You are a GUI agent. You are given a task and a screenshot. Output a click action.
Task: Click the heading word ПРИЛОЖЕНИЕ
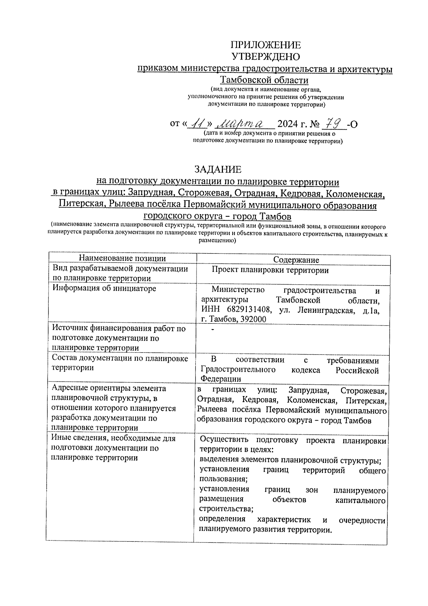point(266,45)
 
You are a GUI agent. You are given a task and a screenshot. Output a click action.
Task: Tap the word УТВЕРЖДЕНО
point(266,56)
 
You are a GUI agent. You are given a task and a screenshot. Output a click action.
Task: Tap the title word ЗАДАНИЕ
point(218,169)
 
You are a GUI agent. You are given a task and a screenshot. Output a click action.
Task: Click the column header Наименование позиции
point(122,258)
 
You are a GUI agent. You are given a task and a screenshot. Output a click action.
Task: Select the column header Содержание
point(296,260)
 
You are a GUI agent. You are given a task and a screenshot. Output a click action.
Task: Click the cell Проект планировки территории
point(270,270)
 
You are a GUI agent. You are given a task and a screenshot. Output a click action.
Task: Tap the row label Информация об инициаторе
point(104,288)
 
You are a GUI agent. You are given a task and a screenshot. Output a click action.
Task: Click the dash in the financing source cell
point(213,329)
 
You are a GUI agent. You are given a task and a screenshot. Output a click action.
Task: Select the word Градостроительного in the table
point(238,370)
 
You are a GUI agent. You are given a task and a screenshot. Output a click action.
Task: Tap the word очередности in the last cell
point(362,520)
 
